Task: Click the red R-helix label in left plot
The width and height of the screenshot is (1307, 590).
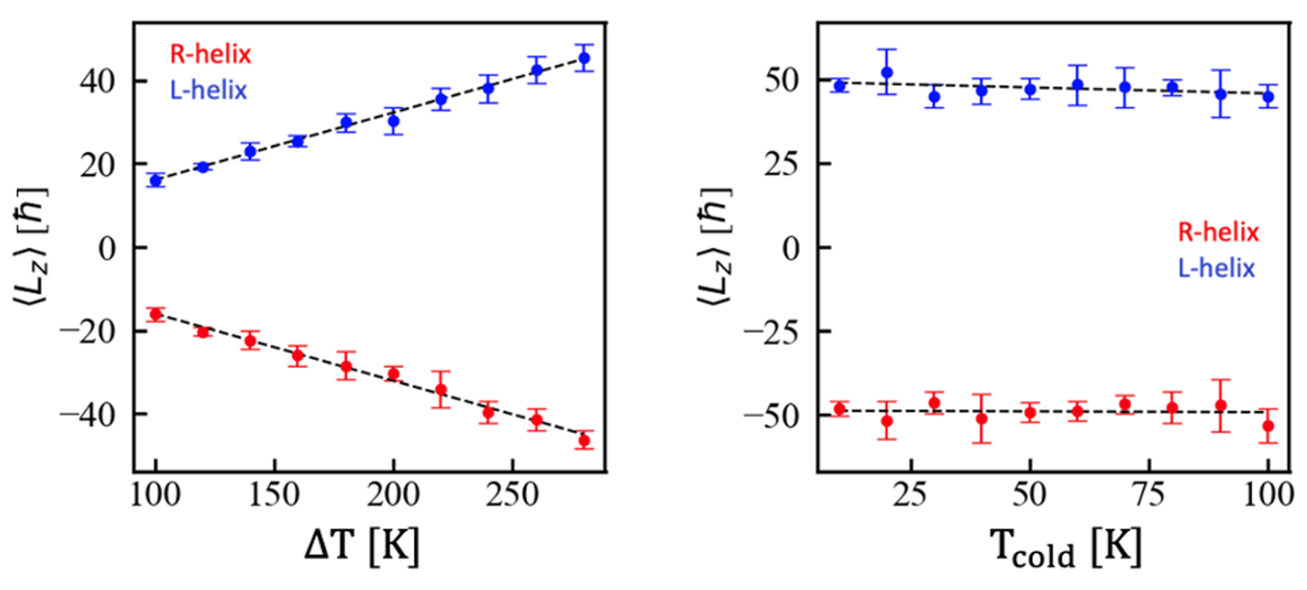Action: coord(210,54)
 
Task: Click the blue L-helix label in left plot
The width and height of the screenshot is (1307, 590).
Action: coord(208,90)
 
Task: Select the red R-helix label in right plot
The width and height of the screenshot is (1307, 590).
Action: coord(1218,232)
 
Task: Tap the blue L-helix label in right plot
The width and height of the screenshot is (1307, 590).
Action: coord(1216,268)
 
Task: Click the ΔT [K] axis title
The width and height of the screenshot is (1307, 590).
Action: coord(362,546)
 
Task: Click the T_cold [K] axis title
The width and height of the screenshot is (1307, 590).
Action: coord(1065,547)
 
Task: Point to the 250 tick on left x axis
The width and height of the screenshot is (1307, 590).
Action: coord(512,495)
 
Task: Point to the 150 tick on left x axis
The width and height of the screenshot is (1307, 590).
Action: coord(274,495)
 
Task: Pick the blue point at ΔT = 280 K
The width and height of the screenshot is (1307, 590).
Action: coord(584,58)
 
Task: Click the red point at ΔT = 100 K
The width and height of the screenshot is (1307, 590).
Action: coord(156,314)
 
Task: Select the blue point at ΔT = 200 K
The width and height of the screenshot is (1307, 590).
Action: coord(394,121)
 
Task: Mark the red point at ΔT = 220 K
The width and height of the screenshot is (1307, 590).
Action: coord(441,389)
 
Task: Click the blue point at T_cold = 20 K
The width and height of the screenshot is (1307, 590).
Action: coord(887,73)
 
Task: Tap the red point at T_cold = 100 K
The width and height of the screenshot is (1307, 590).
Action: coord(1268,426)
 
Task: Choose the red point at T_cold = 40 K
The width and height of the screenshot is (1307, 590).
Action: coord(982,419)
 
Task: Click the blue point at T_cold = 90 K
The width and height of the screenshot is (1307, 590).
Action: coord(1220,94)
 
